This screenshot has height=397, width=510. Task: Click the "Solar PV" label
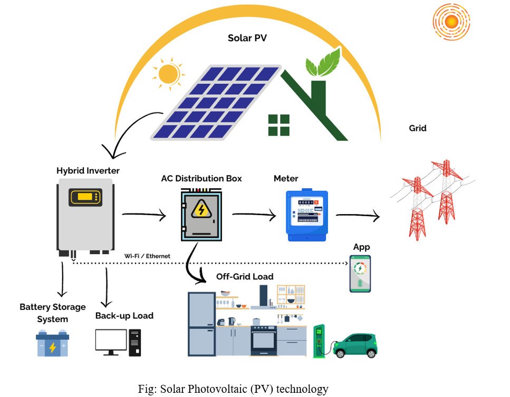(x=246, y=38)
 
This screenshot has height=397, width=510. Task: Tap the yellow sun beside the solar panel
(x=169, y=73)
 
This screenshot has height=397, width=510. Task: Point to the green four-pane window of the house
(x=279, y=124)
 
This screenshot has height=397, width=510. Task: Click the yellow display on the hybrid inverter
(x=85, y=198)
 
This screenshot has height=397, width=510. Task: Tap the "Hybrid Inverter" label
(x=88, y=171)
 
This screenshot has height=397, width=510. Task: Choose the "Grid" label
(x=418, y=128)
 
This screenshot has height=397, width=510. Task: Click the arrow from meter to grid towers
(x=357, y=215)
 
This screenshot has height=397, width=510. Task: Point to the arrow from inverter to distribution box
(x=143, y=215)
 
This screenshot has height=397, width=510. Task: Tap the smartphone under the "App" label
(x=360, y=273)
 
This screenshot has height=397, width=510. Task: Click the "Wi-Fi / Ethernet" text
(x=148, y=256)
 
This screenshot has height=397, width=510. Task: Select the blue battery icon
(x=52, y=344)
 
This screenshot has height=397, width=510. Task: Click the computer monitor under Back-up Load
(x=111, y=341)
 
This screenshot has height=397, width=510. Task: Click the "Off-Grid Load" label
(x=245, y=277)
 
